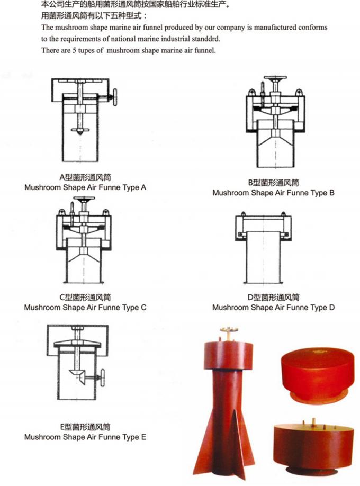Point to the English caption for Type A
click(x=85, y=187)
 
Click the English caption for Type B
click(x=273, y=193)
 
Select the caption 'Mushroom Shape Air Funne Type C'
click(x=85, y=307)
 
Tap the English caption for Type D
click(x=273, y=307)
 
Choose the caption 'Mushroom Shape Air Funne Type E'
click(x=85, y=437)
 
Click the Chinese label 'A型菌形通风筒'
click(x=85, y=178)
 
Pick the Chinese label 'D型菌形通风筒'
click(x=273, y=298)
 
